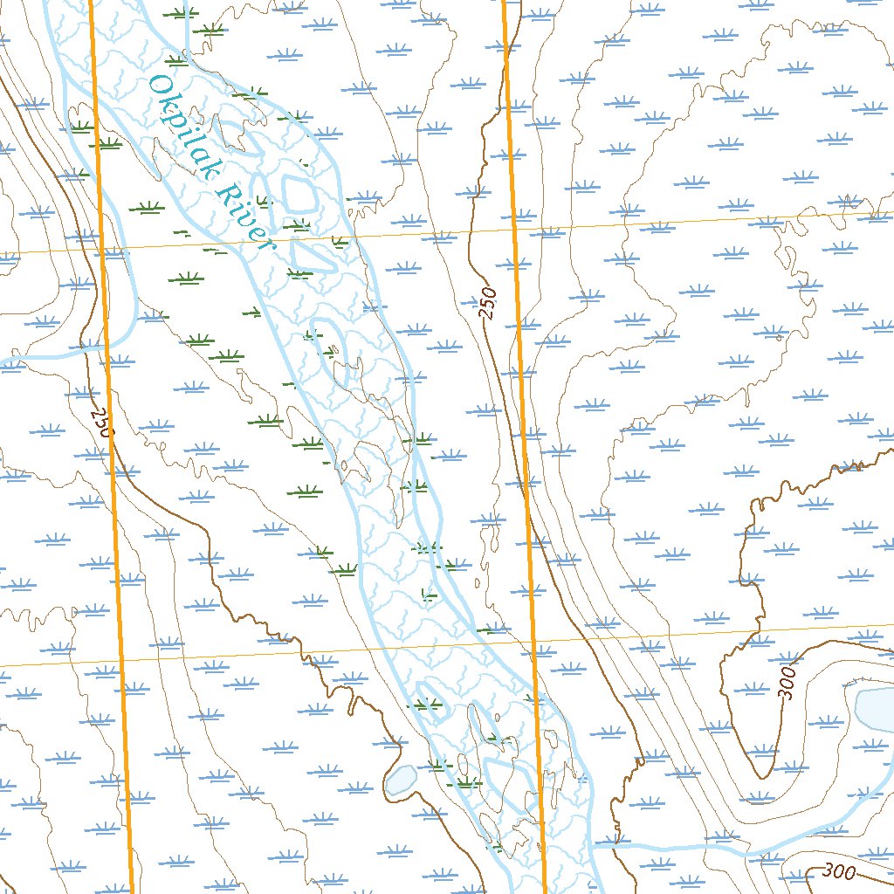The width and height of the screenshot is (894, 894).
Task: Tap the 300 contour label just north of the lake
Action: point(787,684)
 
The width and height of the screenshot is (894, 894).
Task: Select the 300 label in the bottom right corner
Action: point(839,870)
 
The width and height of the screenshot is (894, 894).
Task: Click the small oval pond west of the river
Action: point(400,779)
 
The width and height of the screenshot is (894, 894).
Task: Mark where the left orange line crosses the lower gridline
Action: point(121,663)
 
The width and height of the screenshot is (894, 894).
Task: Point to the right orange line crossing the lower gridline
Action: point(533,642)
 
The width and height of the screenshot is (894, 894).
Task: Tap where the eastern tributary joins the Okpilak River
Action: point(594,845)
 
